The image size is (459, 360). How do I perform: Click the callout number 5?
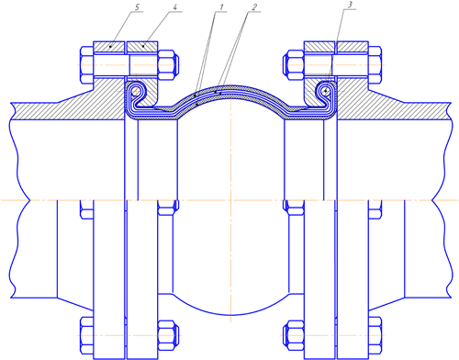[139, 7]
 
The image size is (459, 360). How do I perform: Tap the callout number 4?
[174, 7]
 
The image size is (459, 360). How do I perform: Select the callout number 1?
[221, 6]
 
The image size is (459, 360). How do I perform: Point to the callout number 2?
[254, 6]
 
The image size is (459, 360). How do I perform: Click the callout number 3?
[351, 5]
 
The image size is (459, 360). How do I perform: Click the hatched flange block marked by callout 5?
[109, 47]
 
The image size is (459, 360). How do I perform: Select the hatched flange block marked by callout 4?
[142, 47]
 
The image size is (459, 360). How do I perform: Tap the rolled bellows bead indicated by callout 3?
[326, 91]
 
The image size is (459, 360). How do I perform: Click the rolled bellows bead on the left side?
[136, 91]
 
